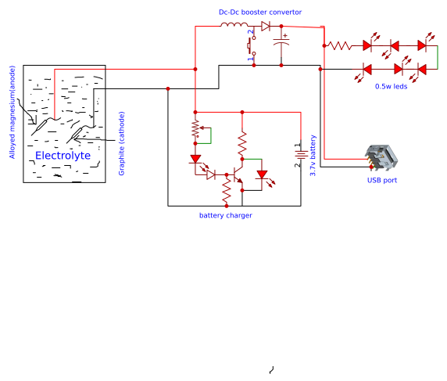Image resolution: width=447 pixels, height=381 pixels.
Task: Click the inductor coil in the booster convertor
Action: coord(233,26)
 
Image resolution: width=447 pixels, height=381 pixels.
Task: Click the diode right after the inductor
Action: coord(266,26)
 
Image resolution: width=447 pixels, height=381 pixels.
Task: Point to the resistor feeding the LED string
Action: coord(340,45)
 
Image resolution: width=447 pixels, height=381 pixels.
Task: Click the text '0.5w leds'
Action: coord(391,86)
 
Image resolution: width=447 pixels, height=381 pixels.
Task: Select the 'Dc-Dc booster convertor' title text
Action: coord(259,13)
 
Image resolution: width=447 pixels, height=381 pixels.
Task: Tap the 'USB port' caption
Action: coord(382,180)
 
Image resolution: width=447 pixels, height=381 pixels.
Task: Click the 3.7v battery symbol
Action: coord(299,154)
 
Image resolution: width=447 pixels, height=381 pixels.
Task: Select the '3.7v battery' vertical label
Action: coord(313,155)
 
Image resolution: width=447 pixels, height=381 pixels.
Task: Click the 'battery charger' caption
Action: coord(226,215)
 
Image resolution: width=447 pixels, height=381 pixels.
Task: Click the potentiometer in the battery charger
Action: coord(196,131)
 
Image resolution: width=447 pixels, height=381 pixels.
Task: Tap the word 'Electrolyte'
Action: coord(63,156)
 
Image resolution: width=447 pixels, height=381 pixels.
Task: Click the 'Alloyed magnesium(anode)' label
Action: coord(12,112)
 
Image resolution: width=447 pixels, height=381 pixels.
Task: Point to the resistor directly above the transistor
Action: coord(242,141)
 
